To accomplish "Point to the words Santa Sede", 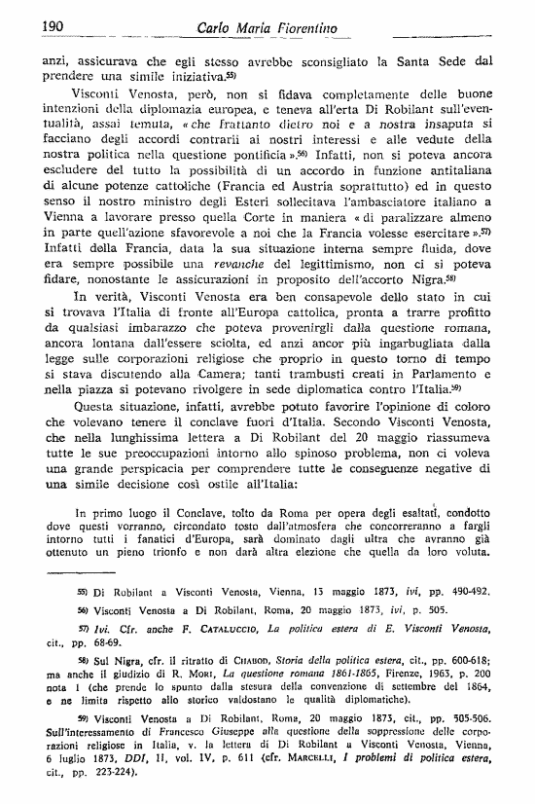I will pos(436,58).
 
